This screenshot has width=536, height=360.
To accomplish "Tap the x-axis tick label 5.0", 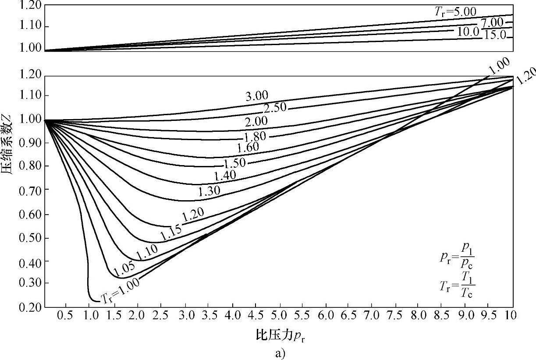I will [278, 315].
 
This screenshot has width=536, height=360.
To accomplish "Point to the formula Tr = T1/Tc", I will [457, 285].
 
